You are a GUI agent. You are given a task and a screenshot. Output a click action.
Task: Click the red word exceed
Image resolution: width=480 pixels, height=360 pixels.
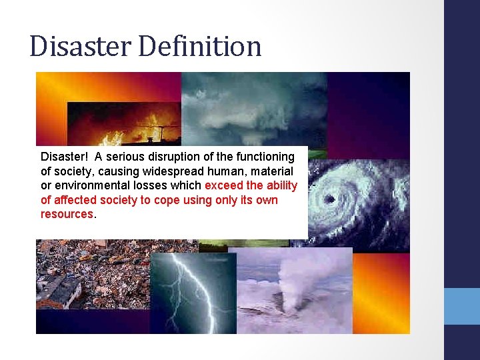pyautogui.click(x=223, y=186)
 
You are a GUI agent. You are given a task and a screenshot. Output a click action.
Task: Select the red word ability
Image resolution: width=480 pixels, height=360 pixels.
pyautogui.click(x=281, y=186)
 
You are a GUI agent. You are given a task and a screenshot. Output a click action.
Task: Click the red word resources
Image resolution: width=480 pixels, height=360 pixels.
pyautogui.click(x=67, y=215)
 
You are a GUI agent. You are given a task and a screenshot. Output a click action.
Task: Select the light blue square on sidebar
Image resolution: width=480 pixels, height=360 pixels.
pyautogui.click(x=462, y=306)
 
